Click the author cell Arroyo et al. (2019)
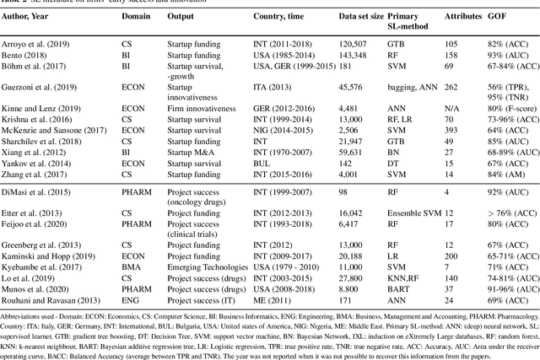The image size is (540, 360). (40, 40)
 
